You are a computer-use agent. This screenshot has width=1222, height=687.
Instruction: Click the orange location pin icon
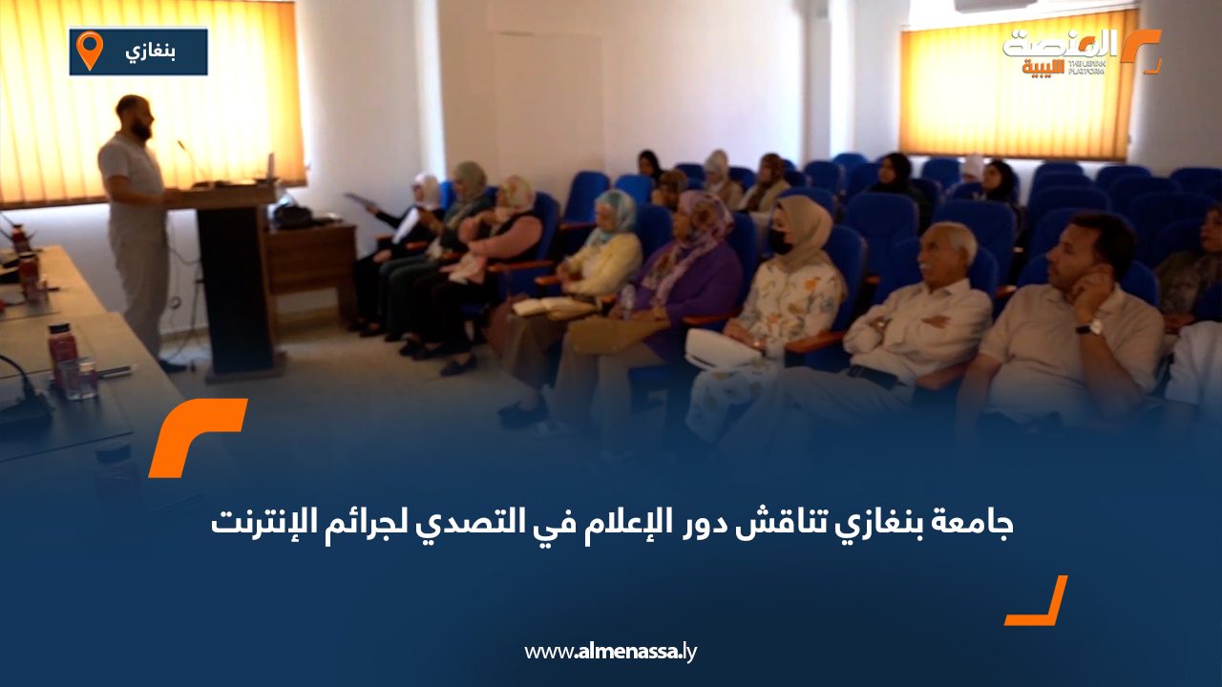click(89, 50)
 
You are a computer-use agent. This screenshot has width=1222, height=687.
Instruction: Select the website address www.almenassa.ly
click(611, 652)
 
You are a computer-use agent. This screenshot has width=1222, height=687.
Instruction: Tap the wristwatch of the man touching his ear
click(1090, 327)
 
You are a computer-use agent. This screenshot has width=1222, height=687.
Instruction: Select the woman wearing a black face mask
click(792, 286)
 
